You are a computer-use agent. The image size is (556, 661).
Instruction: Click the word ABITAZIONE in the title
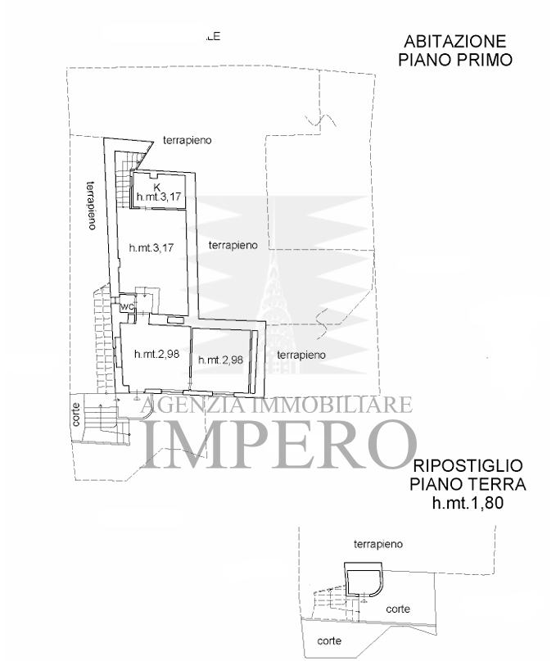454,42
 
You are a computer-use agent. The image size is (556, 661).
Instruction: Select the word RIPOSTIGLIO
468,466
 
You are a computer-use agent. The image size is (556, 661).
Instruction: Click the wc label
127,307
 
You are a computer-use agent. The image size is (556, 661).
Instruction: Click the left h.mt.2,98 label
156,354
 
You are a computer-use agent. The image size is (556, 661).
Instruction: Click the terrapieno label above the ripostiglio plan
378,543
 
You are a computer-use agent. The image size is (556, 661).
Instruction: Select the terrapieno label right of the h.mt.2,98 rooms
301,355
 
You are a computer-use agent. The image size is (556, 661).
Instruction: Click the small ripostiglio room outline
360,581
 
